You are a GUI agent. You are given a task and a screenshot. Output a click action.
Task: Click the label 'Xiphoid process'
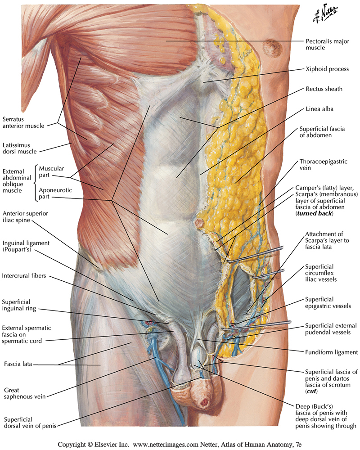click(327, 69)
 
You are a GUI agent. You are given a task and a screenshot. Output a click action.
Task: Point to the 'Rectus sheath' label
click(324, 89)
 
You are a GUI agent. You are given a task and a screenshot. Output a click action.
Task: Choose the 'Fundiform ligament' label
click(331, 352)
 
